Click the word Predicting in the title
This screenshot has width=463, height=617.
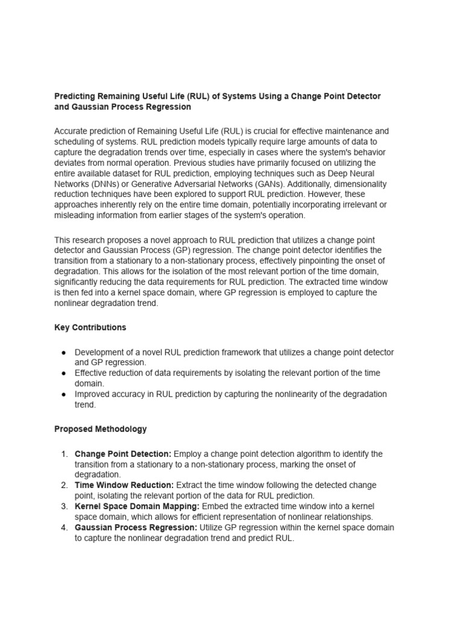(x=75, y=96)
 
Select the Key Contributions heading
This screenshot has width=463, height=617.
(x=90, y=328)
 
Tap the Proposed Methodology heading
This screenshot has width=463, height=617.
(x=101, y=429)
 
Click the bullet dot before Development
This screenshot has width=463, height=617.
(x=63, y=352)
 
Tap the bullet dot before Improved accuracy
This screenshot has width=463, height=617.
(x=63, y=395)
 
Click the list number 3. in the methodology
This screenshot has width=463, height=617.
(x=65, y=506)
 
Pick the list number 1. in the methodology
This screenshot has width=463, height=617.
(x=65, y=454)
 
